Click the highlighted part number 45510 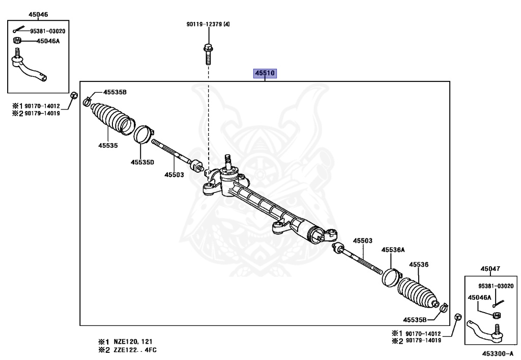pos(265,73)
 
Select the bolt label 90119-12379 pos(204,24)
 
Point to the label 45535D pos(142,162)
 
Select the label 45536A pos(393,250)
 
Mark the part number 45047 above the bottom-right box pos(490,268)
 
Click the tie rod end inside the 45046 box pos(28,69)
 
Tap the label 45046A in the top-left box pos(48,41)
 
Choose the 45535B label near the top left pos(115,92)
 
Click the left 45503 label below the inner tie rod pos(173,175)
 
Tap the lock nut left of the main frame pos(73,95)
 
